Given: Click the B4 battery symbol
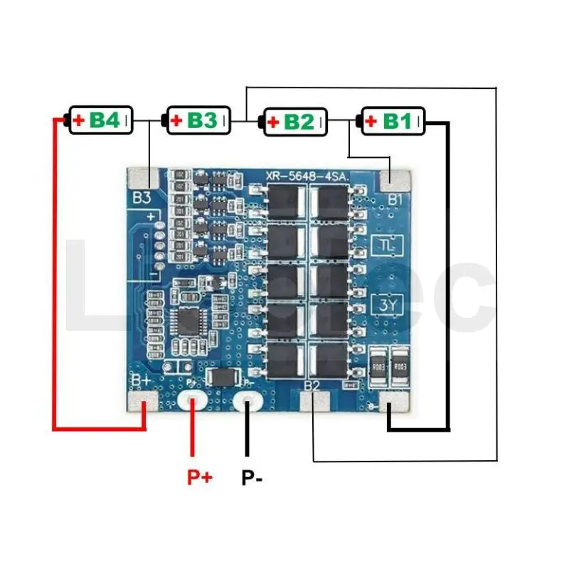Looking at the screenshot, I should point(100,121).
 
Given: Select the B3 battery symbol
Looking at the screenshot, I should point(198,121).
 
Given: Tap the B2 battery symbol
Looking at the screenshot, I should point(295,122).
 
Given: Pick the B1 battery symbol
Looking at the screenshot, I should point(393,121).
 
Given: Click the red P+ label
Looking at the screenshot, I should point(200,477).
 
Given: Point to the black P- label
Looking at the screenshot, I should point(251,477).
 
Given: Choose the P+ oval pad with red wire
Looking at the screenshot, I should point(192,403).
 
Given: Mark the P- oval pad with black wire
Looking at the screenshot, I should point(248,403).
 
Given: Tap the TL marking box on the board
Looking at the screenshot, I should point(388,246).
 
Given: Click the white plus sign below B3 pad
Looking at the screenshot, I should point(151,216).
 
